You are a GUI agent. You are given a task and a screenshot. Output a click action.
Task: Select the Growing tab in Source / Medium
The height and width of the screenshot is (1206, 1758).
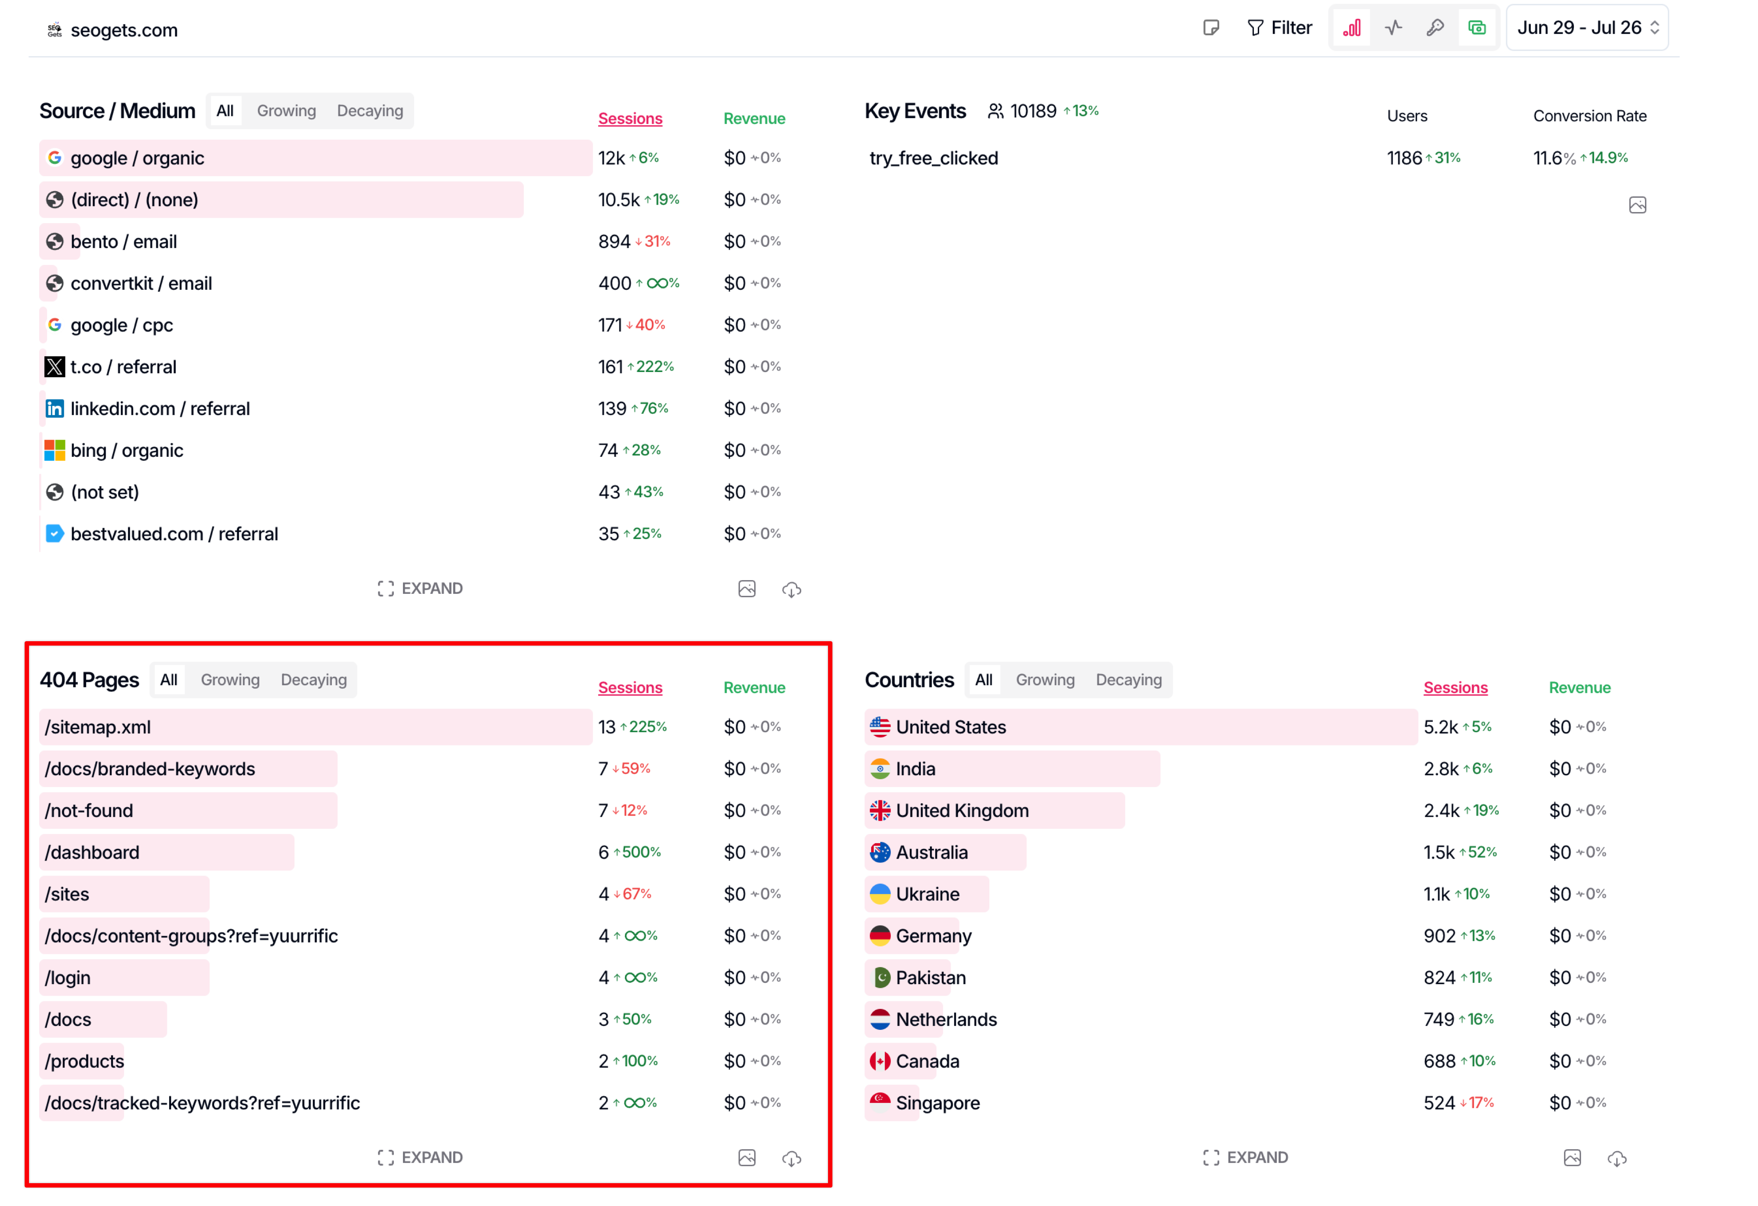point(286,111)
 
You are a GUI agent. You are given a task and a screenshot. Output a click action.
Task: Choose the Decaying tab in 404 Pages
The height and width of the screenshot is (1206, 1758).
point(313,680)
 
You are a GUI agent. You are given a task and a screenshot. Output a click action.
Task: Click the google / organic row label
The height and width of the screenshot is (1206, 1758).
point(137,158)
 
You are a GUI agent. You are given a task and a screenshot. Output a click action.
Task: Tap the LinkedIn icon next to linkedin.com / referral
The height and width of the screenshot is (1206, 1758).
point(54,409)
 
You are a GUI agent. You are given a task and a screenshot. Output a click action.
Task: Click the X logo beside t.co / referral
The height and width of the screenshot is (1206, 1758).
point(54,368)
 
